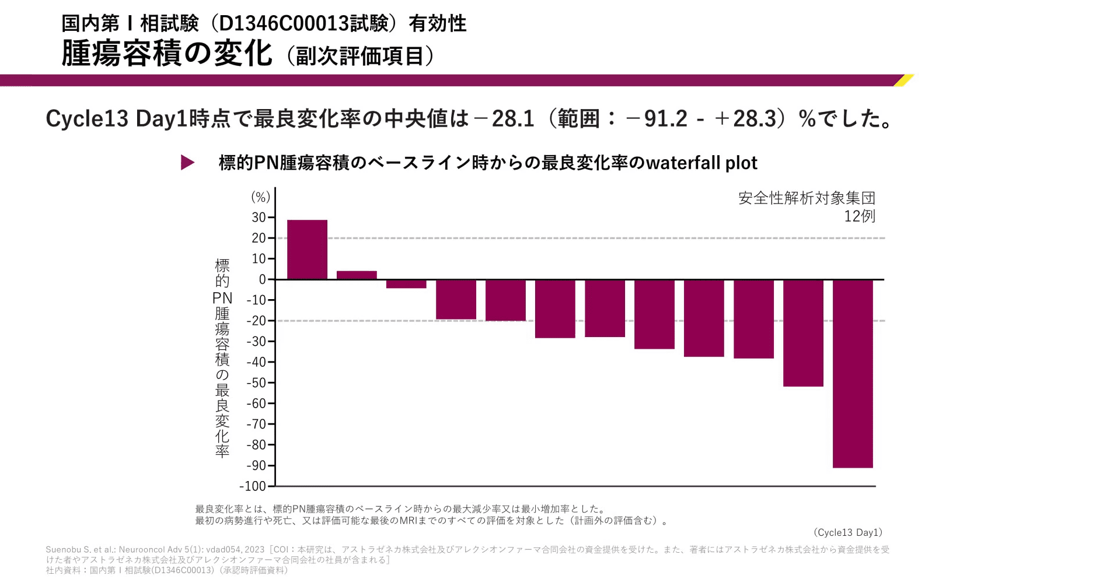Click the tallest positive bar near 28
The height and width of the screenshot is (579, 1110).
pyautogui.click(x=307, y=250)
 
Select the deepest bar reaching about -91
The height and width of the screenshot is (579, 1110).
pyautogui.click(x=853, y=373)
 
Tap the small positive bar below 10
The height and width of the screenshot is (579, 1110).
pyautogui.click(x=357, y=275)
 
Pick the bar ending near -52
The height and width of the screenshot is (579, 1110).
pyautogui.click(x=803, y=333)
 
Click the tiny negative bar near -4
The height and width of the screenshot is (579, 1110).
pyautogui.click(x=406, y=284)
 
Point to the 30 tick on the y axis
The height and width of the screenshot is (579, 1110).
pyautogui.click(x=259, y=217)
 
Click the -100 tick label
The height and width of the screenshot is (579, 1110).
pyautogui.click(x=253, y=486)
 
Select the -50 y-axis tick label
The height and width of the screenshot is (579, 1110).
pyautogui.click(x=256, y=383)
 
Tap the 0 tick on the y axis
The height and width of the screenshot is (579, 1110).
pyautogui.click(x=263, y=280)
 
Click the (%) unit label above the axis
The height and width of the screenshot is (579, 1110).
pyautogui.click(x=260, y=197)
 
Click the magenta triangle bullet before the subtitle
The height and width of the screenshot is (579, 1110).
pyautogui.click(x=187, y=163)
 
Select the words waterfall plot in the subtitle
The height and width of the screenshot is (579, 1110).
pyautogui.click(x=701, y=163)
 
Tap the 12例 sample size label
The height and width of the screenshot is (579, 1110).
pyautogui.click(x=859, y=216)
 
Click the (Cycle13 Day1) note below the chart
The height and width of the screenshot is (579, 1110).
pyautogui.click(x=847, y=532)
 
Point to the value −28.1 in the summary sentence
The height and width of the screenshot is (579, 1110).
pyautogui.click(x=504, y=119)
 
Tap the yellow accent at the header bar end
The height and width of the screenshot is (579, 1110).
pyautogui.click(x=903, y=80)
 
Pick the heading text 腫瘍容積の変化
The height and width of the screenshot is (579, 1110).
pyautogui.click(x=167, y=54)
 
